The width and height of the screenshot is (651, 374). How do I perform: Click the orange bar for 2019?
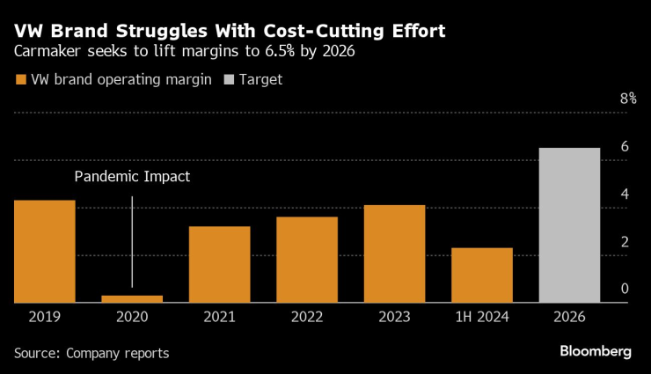coord(45,252)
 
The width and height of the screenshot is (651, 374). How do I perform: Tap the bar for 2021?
coord(219,265)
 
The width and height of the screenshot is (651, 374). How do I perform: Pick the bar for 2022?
coord(307,260)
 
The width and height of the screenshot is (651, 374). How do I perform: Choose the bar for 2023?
coord(394,254)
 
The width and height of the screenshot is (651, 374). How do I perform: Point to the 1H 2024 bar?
coord(482,275)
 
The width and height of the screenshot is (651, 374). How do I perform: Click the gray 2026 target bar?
coord(569,225)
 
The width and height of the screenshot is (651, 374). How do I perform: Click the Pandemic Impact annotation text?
coord(132,177)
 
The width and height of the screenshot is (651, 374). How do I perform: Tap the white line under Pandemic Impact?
coord(132,241)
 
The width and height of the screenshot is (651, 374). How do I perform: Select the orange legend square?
coord(21,79)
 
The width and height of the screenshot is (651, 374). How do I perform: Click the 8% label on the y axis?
coord(627,99)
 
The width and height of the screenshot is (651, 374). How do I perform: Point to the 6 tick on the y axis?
coord(625,147)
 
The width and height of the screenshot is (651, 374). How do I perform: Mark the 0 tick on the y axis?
coord(625,289)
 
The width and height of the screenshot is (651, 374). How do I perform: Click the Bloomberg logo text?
coord(596,351)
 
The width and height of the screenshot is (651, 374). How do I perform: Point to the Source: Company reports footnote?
coord(91,353)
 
